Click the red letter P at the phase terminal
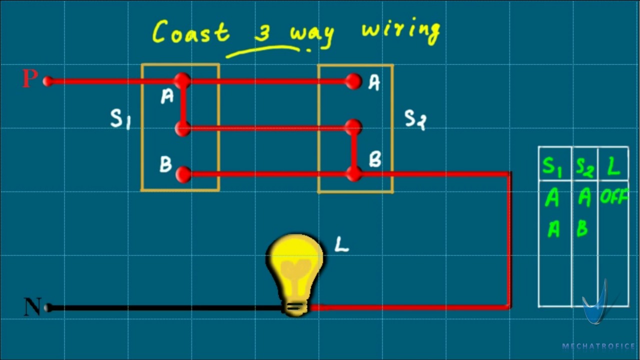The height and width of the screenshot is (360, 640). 30,78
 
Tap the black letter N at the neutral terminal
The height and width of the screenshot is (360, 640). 32,306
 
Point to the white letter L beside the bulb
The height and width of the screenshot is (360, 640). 341,244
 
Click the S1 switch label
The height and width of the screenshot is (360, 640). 120,119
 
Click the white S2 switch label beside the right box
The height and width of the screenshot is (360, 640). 415,119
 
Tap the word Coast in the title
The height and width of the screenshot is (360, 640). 190,32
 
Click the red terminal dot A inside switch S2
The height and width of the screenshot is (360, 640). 353,81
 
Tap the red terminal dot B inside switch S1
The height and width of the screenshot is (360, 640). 183,174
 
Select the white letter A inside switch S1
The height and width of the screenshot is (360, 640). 167,96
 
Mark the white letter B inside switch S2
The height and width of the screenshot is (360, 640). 375,159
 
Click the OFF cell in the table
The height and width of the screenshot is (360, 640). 613,198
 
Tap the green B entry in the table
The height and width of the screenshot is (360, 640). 582,229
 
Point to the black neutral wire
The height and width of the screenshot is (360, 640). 165,308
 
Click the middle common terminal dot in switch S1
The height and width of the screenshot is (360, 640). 183,128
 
